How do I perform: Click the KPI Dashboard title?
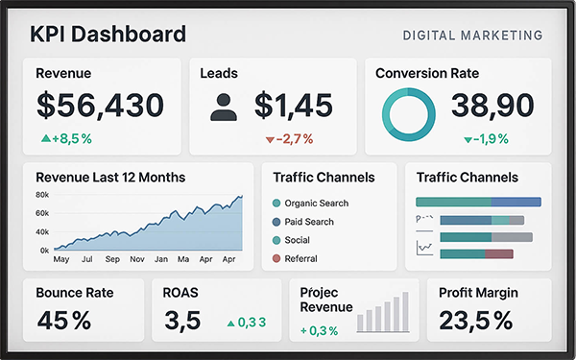point(108,36)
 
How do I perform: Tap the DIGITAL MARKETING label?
point(472,36)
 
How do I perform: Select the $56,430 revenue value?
point(100,105)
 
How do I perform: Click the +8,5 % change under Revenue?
point(66,138)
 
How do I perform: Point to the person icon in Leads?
point(223,106)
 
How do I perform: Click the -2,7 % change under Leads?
point(289,139)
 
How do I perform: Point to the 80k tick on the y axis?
point(42,195)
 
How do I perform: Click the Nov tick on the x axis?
point(136,259)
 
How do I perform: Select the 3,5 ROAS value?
point(182,321)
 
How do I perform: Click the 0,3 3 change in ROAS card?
point(246,323)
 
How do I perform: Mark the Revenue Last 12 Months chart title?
point(110,178)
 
